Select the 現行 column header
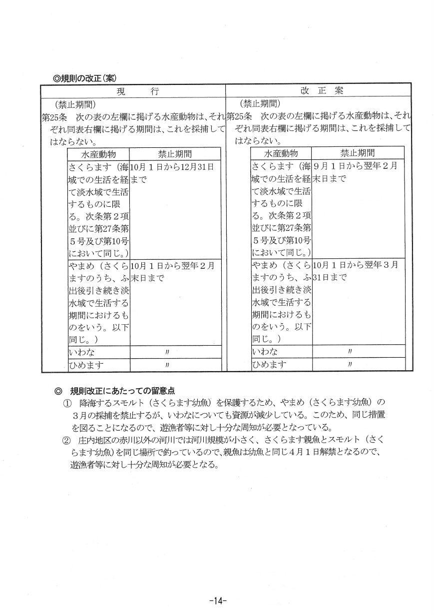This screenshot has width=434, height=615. point(137,91)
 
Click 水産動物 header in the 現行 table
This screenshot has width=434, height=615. point(98,153)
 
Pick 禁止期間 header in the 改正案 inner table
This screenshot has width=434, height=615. point(357,153)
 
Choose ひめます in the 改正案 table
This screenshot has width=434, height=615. point(270,365)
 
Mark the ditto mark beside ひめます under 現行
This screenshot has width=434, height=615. point(167,365)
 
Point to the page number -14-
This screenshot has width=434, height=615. point(218,600)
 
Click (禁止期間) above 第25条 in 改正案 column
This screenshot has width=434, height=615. point(259,104)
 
